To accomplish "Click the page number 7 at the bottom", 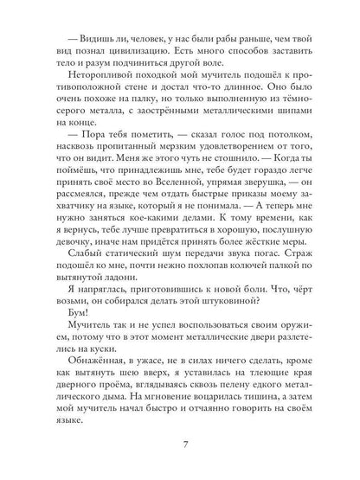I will coord(180,446).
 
